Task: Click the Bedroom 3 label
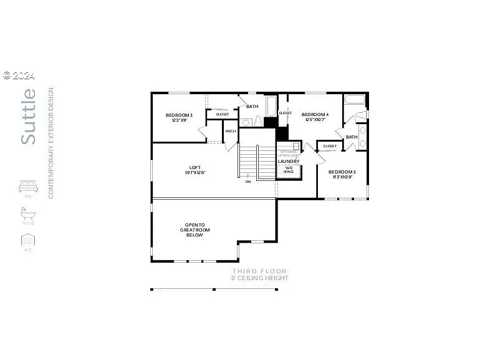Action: [x=179, y=117]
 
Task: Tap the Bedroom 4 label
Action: [x=315, y=117]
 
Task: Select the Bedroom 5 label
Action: [x=342, y=174]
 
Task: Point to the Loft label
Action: [x=195, y=170]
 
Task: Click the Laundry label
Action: [x=289, y=161]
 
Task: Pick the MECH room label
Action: [x=231, y=131]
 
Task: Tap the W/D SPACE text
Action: [x=289, y=170]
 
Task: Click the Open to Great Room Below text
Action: [x=194, y=230]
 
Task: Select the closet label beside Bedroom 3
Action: [x=223, y=114]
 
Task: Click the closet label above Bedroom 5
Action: [x=330, y=146]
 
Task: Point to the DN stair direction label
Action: [x=247, y=182]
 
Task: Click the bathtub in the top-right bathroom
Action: [x=355, y=100]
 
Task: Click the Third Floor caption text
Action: [x=259, y=271]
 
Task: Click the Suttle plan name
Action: [x=29, y=117]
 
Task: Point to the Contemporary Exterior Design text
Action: [x=51, y=144]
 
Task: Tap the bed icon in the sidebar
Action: [x=28, y=186]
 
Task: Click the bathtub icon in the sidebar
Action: [x=28, y=213]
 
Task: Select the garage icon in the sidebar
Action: [x=28, y=240]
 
